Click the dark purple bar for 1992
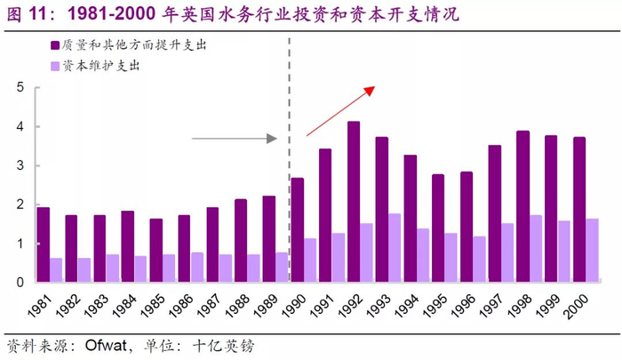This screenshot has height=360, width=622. click(x=354, y=202)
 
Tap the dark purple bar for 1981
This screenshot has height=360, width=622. click(x=43, y=244)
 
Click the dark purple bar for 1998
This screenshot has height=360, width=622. click(x=522, y=206)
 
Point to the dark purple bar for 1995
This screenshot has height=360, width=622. click(x=438, y=228)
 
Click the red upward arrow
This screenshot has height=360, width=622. click(x=341, y=110)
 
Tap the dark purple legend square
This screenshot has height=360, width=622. click(x=55, y=44)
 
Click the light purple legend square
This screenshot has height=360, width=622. click(x=55, y=66)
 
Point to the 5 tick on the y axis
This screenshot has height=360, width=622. click(x=20, y=87)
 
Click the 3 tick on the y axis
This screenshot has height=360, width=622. click(x=20, y=165)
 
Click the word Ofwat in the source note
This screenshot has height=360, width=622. click(x=108, y=344)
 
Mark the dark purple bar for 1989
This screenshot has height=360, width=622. click(x=269, y=239)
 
